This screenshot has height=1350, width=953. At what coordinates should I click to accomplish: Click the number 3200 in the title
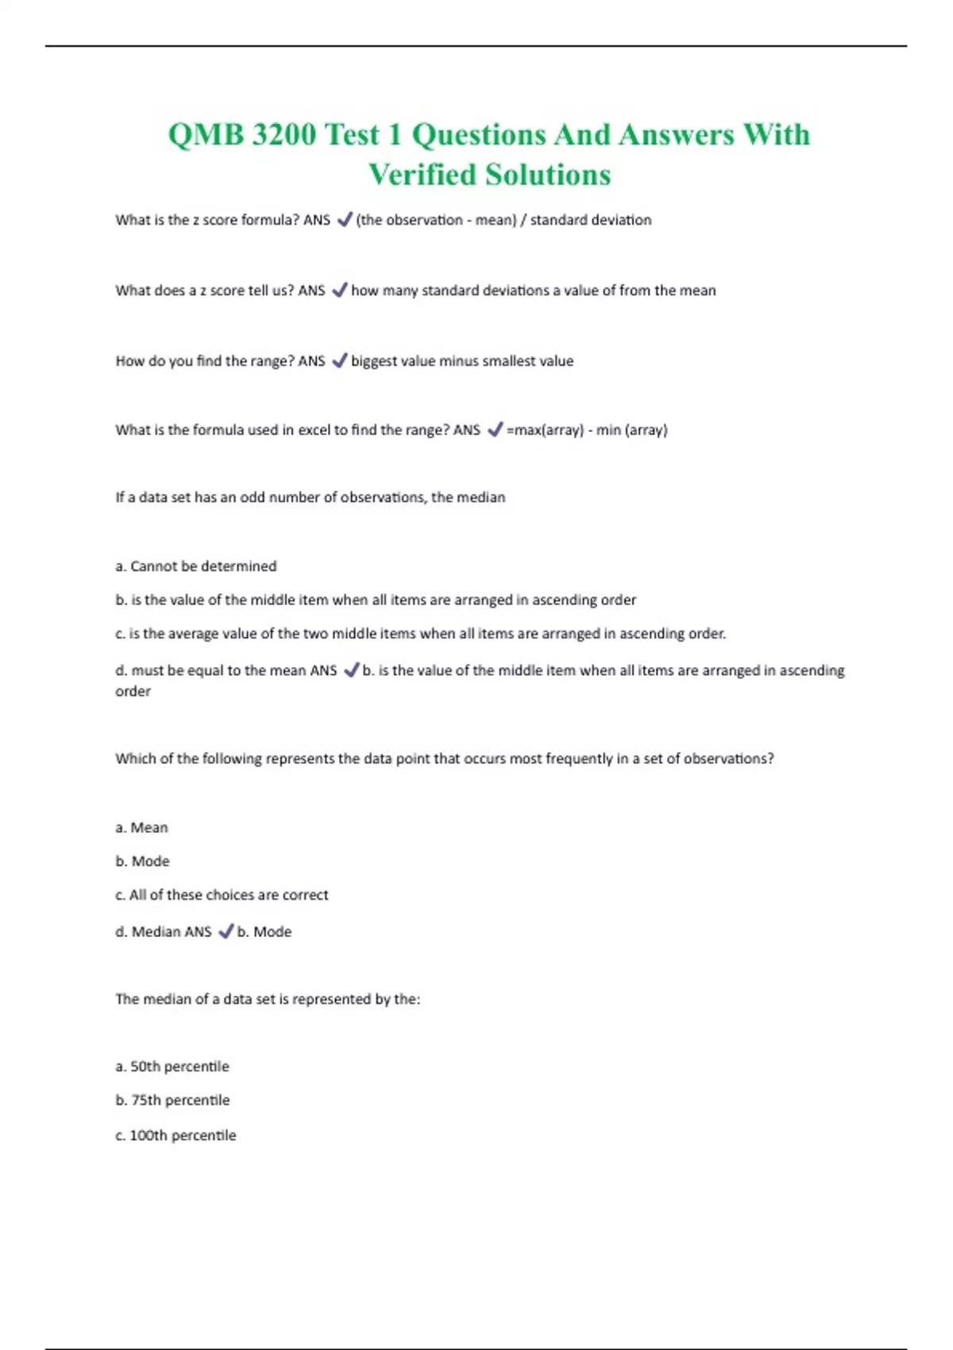(284, 134)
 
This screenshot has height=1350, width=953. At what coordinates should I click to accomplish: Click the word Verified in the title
(422, 175)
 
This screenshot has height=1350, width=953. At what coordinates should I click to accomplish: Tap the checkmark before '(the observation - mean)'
(344, 220)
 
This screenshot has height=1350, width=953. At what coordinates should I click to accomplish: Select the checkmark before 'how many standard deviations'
(339, 291)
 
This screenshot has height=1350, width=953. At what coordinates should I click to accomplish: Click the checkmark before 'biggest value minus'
(339, 361)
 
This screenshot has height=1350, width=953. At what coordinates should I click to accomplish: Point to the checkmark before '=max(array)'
(495, 430)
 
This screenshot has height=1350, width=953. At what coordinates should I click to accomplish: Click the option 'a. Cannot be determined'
(196, 566)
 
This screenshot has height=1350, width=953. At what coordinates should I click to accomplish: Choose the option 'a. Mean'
(141, 827)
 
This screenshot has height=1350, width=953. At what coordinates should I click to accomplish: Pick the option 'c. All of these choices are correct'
(222, 895)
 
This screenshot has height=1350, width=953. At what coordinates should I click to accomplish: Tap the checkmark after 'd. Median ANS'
(226, 931)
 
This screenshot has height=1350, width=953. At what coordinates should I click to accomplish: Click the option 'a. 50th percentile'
(172, 1066)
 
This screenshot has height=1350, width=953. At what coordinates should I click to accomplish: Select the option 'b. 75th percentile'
(172, 1101)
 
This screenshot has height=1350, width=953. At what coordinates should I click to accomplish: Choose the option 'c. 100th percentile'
(176, 1136)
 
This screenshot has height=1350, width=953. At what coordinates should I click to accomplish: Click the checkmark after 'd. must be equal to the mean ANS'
(351, 670)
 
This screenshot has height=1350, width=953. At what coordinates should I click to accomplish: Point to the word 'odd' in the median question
(253, 498)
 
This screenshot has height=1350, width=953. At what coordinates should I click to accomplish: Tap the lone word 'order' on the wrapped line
(133, 692)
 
